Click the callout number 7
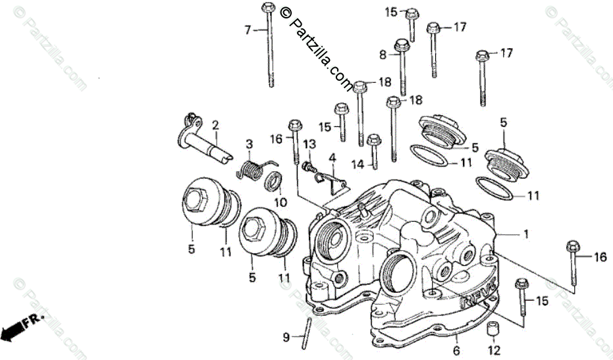click(x=248, y=30)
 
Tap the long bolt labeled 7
click(x=269, y=46)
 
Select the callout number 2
click(x=215, y=125)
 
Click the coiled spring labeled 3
click(x=250, y=168)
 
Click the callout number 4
click(x=333, y=158)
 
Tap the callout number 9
click(x=286, y=338)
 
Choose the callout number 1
click(x=525, y=234)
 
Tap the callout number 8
click(x=383, y=55)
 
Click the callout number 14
click(x=358, y=165)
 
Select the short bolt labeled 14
click(x=374, y=151)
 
